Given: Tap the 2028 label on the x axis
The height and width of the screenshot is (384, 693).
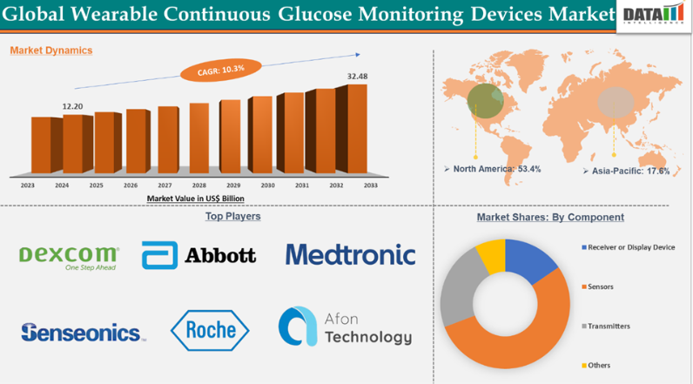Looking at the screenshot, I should click(198, 185).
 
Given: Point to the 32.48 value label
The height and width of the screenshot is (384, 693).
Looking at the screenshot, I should click(357, 77).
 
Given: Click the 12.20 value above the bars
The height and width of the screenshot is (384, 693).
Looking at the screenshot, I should click(72, 105).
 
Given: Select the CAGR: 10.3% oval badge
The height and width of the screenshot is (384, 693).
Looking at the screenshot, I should click(220, 68).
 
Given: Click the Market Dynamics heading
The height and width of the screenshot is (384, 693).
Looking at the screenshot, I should click(50, 51).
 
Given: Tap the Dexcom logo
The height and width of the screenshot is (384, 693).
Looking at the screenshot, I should click(69, 257).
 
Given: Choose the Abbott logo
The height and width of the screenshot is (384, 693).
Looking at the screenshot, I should click(199, 255).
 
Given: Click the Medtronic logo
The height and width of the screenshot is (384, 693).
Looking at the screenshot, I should click(350, 254).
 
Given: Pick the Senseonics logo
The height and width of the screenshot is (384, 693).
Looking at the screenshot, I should click(82, 332).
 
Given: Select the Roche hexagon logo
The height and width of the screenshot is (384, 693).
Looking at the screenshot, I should click(210, 329).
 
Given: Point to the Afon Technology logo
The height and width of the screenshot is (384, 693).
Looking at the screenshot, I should click(344, 327).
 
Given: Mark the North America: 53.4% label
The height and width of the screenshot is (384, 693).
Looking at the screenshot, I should click(495, 169).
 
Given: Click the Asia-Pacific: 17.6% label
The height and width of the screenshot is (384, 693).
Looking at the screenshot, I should click(629, 172).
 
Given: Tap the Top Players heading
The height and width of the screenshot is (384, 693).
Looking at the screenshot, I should click(232, 216).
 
